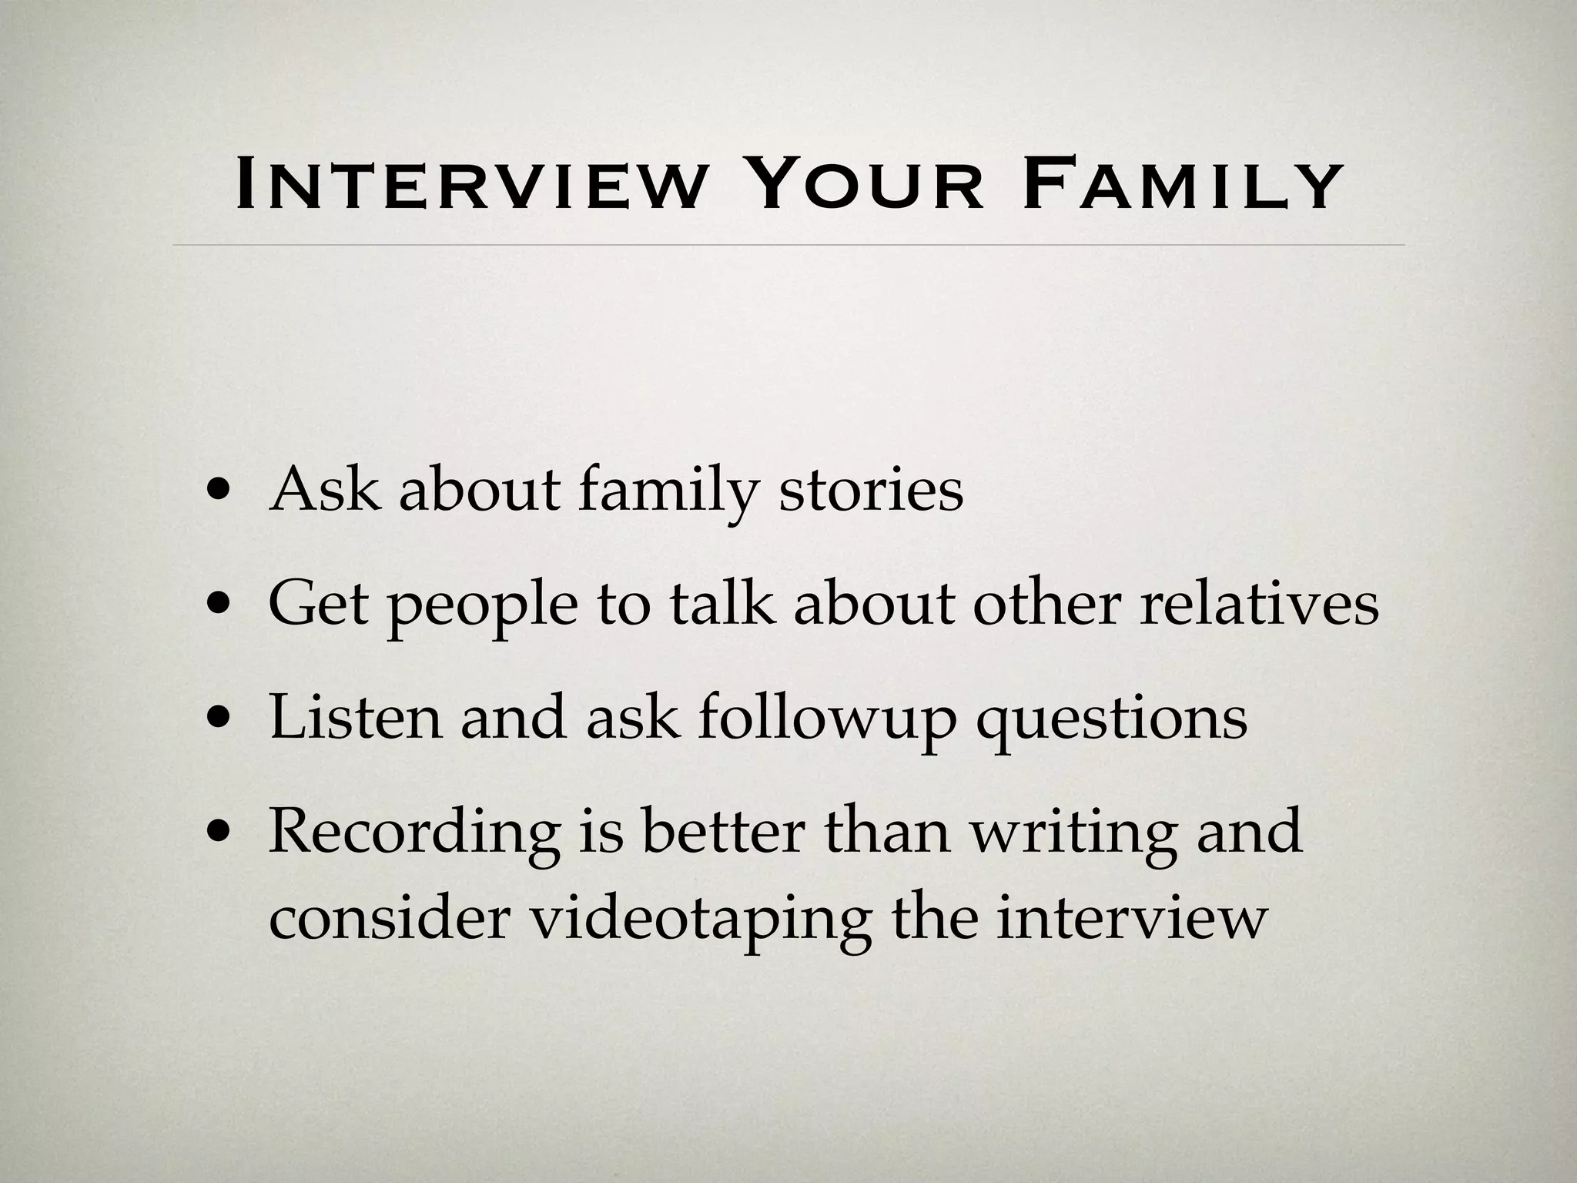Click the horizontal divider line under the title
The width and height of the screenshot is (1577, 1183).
pos(788,245)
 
